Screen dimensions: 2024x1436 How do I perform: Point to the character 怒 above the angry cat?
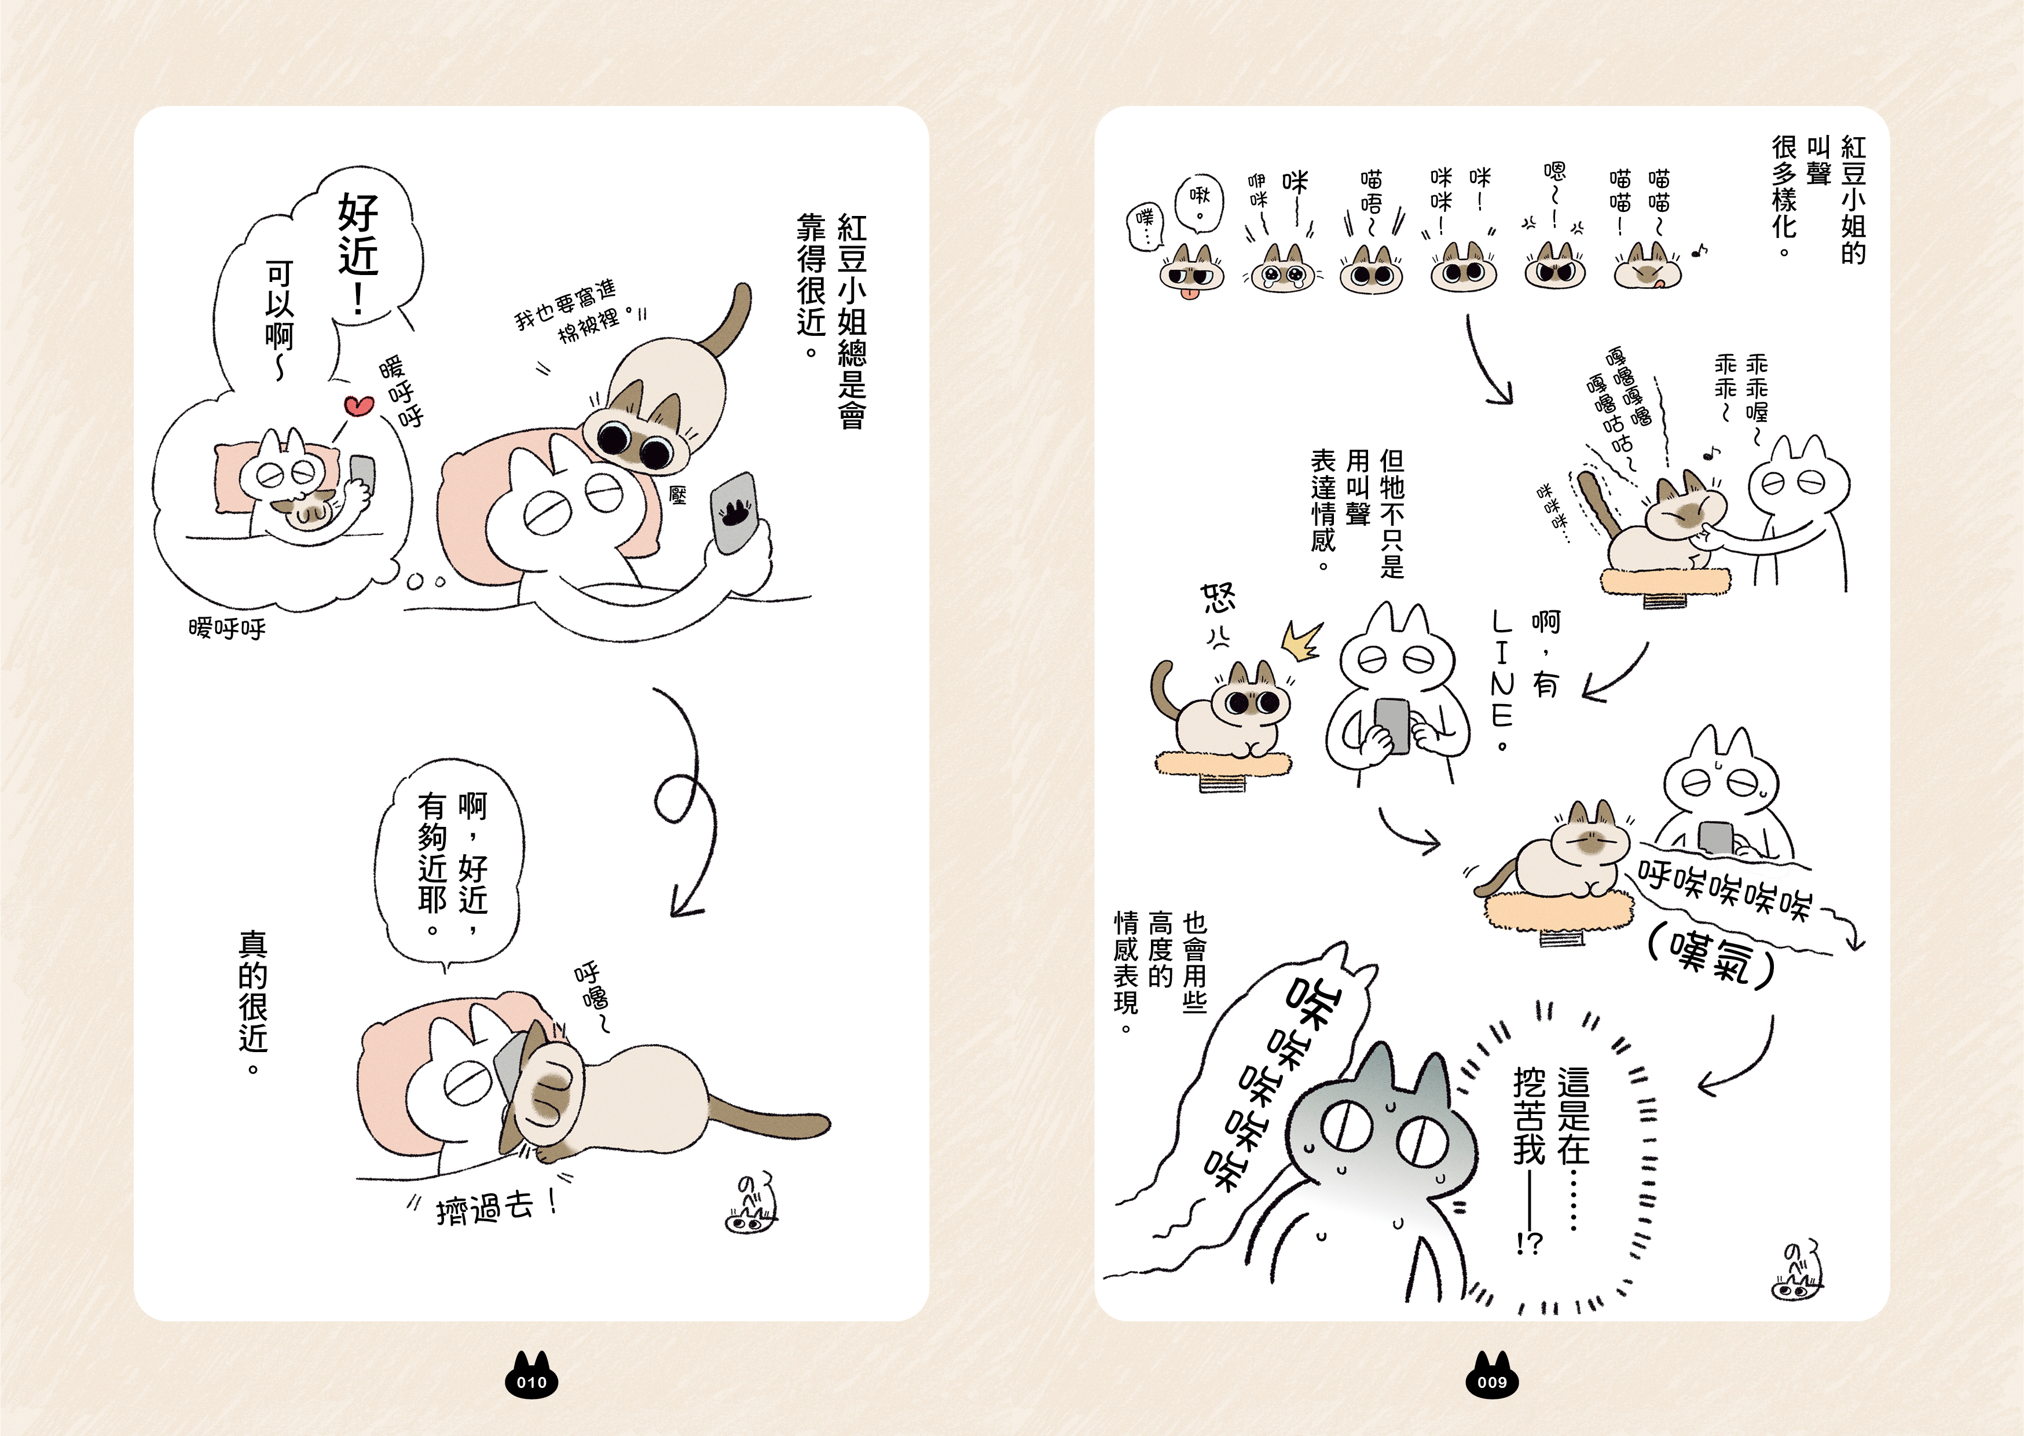point(1218,599)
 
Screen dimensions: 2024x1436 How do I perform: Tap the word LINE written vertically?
point(1502,668)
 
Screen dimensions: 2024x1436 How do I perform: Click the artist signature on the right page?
point(1798,1270)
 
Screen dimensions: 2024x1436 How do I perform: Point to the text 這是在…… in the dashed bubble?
point(1573,1146)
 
